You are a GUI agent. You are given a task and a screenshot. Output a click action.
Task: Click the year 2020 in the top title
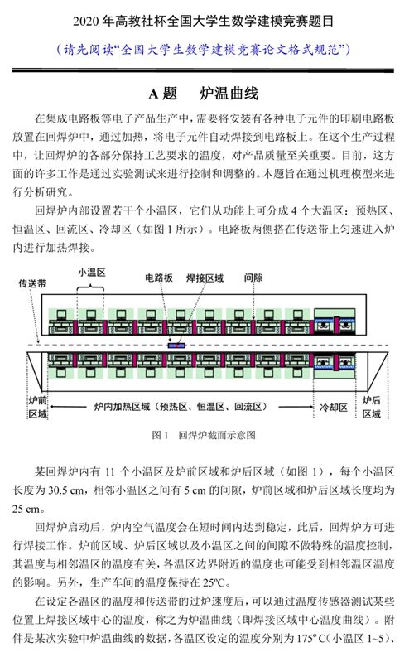pos(87,22)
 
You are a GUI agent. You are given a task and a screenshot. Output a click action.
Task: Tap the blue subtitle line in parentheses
pos(204,50)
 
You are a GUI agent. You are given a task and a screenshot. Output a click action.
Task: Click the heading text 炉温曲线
pos(229,94)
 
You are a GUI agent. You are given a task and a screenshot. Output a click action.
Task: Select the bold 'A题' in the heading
pos(163,94)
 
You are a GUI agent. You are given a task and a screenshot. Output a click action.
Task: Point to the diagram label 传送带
pos(32,283)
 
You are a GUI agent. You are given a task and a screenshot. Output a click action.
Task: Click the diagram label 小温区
pos(92,273)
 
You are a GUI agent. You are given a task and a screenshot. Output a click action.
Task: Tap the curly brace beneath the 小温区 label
pos(90,287)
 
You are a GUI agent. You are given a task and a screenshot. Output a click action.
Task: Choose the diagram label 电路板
pos(159,278)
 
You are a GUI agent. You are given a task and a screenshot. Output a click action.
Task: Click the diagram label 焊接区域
pos(205,278)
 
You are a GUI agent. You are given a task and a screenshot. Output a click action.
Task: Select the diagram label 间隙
pos(253,278)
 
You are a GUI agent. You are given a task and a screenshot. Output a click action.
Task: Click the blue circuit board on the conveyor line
pos(176,345)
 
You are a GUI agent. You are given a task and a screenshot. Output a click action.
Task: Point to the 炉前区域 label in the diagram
pos(38,408)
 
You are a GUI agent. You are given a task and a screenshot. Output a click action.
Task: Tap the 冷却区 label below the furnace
pos(333,408)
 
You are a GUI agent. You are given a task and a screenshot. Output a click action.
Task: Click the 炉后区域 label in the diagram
pos(371,408)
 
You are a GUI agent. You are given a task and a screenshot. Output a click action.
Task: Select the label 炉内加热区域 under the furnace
pos(122,407)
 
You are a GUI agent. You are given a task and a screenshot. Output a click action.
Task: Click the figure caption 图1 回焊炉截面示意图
pos(204,435)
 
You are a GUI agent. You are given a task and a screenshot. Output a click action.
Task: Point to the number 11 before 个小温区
pos(109,471)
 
